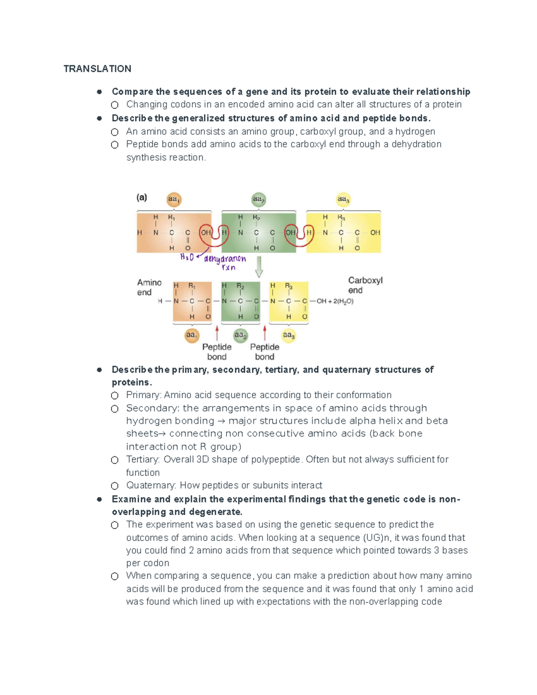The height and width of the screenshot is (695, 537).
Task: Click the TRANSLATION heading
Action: click(x=97, y=68)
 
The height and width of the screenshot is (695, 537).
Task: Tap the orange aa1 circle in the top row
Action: click(x=174, y=199)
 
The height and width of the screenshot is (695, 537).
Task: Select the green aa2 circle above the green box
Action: click(x=258, y=199)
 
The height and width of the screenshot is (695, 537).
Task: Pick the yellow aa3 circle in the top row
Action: click(x=343, y=199)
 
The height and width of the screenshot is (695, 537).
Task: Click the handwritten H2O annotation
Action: click(x=187, y=257)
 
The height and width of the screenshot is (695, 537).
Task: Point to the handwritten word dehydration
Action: click(x=225, y=259)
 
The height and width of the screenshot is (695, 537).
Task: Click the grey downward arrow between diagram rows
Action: click(x=259, y=267)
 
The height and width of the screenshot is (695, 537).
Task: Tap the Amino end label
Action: click(x=149, y=287)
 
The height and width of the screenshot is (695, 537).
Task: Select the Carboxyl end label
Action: click(x=365, y=285)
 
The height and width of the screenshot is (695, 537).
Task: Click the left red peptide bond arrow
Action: click(x=217, y=333)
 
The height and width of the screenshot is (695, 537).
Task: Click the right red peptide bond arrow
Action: click(x=265, y=333)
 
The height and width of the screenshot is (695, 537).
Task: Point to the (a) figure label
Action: click(x=142, y=197)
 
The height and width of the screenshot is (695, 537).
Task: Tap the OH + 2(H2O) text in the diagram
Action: click(x=335, y=301)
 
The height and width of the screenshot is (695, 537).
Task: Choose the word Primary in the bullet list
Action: click(x=144, y=395)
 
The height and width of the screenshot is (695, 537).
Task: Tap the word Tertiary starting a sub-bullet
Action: click(x=142, y=460)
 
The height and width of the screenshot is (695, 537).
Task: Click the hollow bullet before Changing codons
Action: click(x=115, y=105)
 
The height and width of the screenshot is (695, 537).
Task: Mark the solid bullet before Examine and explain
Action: click(x=99, y=499)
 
